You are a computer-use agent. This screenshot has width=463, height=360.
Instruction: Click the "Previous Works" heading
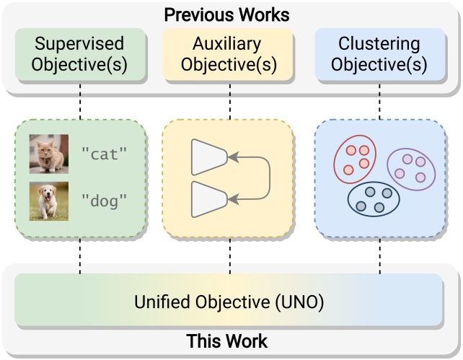point(226,14)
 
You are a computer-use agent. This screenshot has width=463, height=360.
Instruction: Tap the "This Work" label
point(226,341)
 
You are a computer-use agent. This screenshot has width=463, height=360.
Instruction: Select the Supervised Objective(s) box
point(80,54)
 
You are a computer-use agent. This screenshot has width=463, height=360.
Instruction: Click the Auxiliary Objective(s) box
point(227,54)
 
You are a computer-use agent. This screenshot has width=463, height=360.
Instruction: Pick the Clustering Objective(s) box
point(380,54)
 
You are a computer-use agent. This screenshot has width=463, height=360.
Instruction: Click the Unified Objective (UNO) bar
point(229,299)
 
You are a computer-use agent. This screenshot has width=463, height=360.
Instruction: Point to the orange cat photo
point(49,154)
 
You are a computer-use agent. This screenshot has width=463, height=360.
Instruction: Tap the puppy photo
point(49,201)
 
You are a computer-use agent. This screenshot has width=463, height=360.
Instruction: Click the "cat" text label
point(105,154)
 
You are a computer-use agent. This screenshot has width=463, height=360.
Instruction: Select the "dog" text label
point(105,201)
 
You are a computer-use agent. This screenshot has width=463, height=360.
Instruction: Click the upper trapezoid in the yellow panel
point(209,157)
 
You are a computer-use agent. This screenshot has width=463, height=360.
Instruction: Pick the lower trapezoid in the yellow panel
point(209,199)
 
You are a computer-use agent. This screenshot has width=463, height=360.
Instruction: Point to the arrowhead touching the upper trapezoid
point(233,157)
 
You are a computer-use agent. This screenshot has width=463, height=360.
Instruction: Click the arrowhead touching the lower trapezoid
point(233,199)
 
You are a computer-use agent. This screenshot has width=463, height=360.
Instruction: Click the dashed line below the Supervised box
point(80,102)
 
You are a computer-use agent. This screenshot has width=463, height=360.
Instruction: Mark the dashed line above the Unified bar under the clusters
point(380,256)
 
